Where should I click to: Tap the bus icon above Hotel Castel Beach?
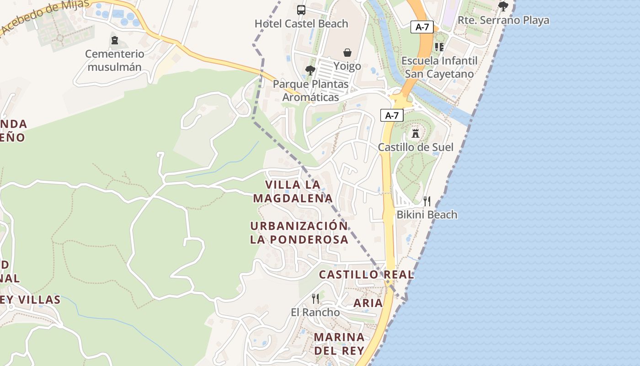coord(301,10)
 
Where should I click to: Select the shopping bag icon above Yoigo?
coord(347,53)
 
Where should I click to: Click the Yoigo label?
coord(347,66)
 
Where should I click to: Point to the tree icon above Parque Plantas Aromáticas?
coord(310,70)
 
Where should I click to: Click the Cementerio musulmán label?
coord(114,60)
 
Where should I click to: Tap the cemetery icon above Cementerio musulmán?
coord(114,41)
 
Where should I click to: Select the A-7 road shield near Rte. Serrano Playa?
coord(422,27)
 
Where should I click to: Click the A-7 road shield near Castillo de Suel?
coord(392,116)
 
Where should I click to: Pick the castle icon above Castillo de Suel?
coord(416,134)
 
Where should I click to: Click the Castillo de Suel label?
coord(416,147)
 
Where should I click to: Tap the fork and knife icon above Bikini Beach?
coord(427,201)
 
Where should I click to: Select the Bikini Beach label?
coord(427,215)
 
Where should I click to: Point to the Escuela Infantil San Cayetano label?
coord(439,67)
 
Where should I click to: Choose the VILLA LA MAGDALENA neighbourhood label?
coord(293,192)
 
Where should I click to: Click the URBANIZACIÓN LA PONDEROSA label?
coord(299,233)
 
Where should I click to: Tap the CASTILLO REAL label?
coord(366,275)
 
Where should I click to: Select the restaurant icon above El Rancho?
coord(315,299)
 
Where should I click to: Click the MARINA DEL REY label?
coord(339,344)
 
